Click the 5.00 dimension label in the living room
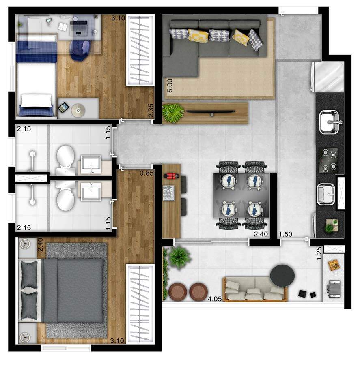point(170,86)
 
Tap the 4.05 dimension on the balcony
point(214,299)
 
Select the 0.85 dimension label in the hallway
point(147,173)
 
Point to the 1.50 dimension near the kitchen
point(285,234)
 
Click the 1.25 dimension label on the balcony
point(319,253)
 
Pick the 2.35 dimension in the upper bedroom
point(151,110)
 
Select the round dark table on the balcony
point(282,276)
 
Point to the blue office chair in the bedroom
point(80,50)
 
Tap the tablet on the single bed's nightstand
point(63,107)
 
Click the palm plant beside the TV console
point(173,113)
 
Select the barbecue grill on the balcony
point(334,289)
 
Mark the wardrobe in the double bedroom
point(140,304)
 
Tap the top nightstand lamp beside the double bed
point(25,244)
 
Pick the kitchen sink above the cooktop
point(329,122)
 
